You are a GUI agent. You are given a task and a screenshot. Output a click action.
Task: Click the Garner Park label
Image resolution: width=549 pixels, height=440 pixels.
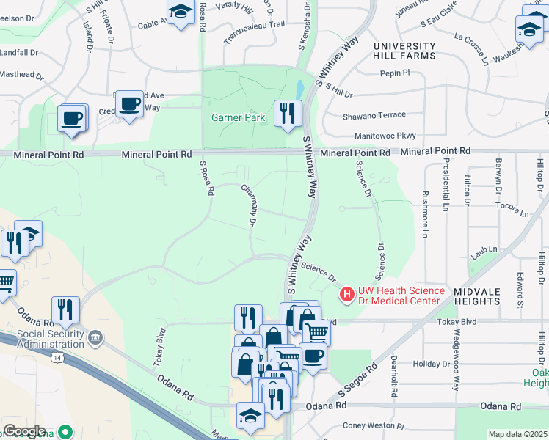[x=238, y=117]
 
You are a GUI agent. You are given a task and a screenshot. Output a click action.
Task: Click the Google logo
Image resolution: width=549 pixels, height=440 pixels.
[x=24, y=431]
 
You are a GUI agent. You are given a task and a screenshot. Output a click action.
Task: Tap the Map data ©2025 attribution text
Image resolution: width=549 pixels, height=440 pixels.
[x=517, y=434]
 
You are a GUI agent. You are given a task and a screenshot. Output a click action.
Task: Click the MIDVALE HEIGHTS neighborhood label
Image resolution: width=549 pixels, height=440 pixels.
[x=476, y=296]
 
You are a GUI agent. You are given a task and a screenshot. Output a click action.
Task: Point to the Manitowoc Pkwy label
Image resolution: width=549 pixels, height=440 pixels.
[x=385, y=136]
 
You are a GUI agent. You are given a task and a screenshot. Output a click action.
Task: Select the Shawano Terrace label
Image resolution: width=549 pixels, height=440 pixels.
[x=374, y=116]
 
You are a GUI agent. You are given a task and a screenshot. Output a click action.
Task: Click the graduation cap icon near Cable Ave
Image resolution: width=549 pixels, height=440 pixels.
[x=180, y=12]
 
